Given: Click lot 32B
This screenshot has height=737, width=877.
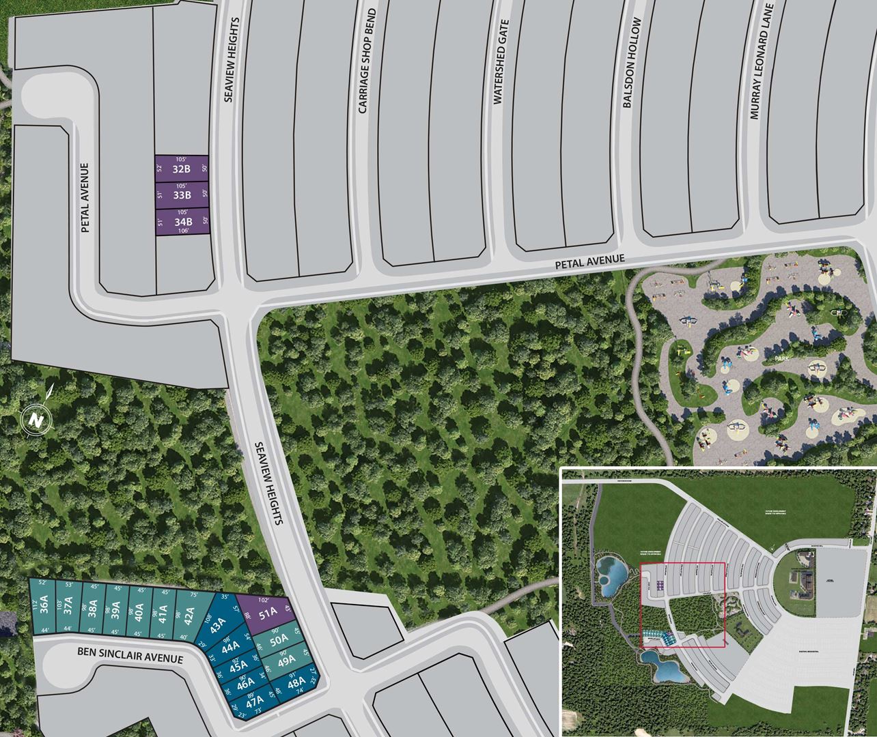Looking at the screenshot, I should point(181,169).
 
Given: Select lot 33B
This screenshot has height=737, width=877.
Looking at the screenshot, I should point(181,195).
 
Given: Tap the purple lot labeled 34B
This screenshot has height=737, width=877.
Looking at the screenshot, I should point(182,222).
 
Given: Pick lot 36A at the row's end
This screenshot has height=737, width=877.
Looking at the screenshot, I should point(43,605).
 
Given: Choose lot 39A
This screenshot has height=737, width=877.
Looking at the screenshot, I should point(116,607).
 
